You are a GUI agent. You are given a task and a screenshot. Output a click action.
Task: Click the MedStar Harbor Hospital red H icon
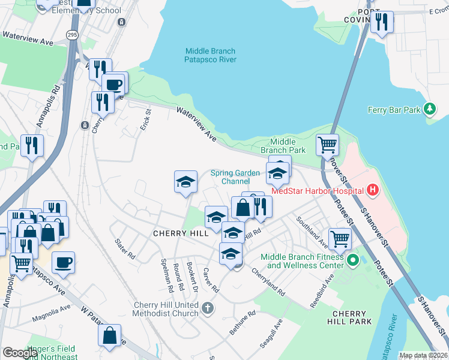(x=373, y=191)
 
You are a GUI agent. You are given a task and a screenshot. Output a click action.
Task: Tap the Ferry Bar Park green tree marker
(x=429, y=109)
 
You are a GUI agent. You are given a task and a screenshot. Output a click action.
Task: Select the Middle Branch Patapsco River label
(x=210, y=55)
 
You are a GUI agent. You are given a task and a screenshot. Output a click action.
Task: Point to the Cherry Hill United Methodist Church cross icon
(x=207, y=308)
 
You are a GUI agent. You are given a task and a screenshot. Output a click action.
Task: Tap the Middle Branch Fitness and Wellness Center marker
(x=353, y=260)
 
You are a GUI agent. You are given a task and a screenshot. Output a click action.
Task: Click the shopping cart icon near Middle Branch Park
(x=327, y=144)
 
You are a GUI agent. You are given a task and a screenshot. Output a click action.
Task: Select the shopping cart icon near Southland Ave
(x=340, y=238)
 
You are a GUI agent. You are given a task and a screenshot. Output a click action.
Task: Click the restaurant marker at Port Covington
(x=382, y=22)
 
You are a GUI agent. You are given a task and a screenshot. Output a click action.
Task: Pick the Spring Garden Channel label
(x=235, y=177)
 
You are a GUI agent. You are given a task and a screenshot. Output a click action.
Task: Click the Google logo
(x=20, y=353)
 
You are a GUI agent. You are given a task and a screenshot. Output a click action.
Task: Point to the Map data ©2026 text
(x=423, y=355)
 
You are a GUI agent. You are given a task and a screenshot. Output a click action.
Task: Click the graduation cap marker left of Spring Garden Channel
(x=186, y=182)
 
